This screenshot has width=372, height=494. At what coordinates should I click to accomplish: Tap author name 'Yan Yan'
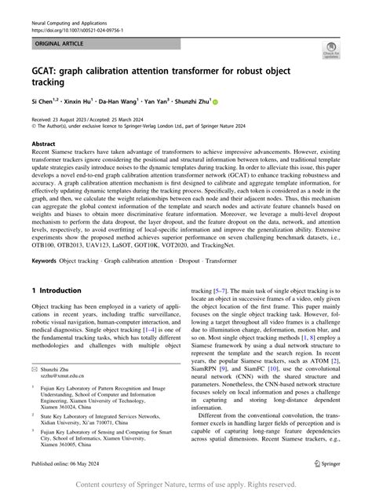[x=167, y=102]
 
